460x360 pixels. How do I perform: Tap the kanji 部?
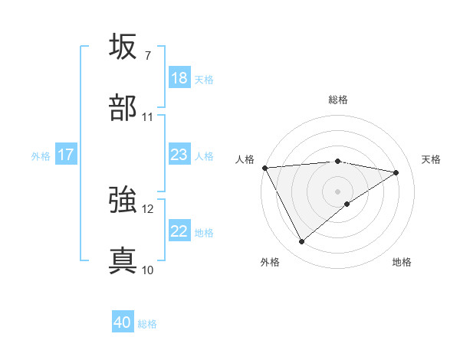click(x=123, y=108)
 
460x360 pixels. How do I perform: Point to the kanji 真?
click(x=123, y=260)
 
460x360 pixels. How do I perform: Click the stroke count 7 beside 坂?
click(x=147, y=55)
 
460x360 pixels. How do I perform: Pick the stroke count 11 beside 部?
click(x=147, y=117)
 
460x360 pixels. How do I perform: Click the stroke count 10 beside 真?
click(x=147, y=270)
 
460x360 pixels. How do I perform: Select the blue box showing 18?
click(x=179, y=78)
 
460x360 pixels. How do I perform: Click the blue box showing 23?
click(x=179, y=155)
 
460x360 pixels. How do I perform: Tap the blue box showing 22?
click(x=179, y=231)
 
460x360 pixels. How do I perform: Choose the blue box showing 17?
click(x=66, y=155)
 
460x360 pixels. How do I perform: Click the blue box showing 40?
click(x=123, y=322)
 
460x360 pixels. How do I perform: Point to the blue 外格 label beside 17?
click(x=41, y=155)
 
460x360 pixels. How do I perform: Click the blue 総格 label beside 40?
click(x=147, y=324)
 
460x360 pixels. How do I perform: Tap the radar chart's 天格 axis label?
click(x=431, y=159)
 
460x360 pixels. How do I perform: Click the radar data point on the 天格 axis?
click(x=396, y=172)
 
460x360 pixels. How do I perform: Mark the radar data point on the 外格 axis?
click(x=301, y=242)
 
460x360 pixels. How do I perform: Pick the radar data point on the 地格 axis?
click(x=347, y=204)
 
